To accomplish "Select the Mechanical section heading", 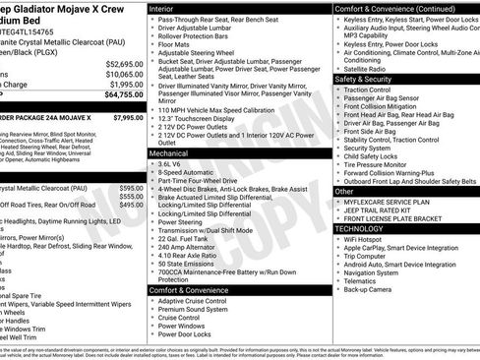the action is click(171, 153).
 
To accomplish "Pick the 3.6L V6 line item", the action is click(173, 164).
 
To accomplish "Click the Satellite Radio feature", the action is click(368, 69).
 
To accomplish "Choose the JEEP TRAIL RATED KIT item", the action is click(380, 210).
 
